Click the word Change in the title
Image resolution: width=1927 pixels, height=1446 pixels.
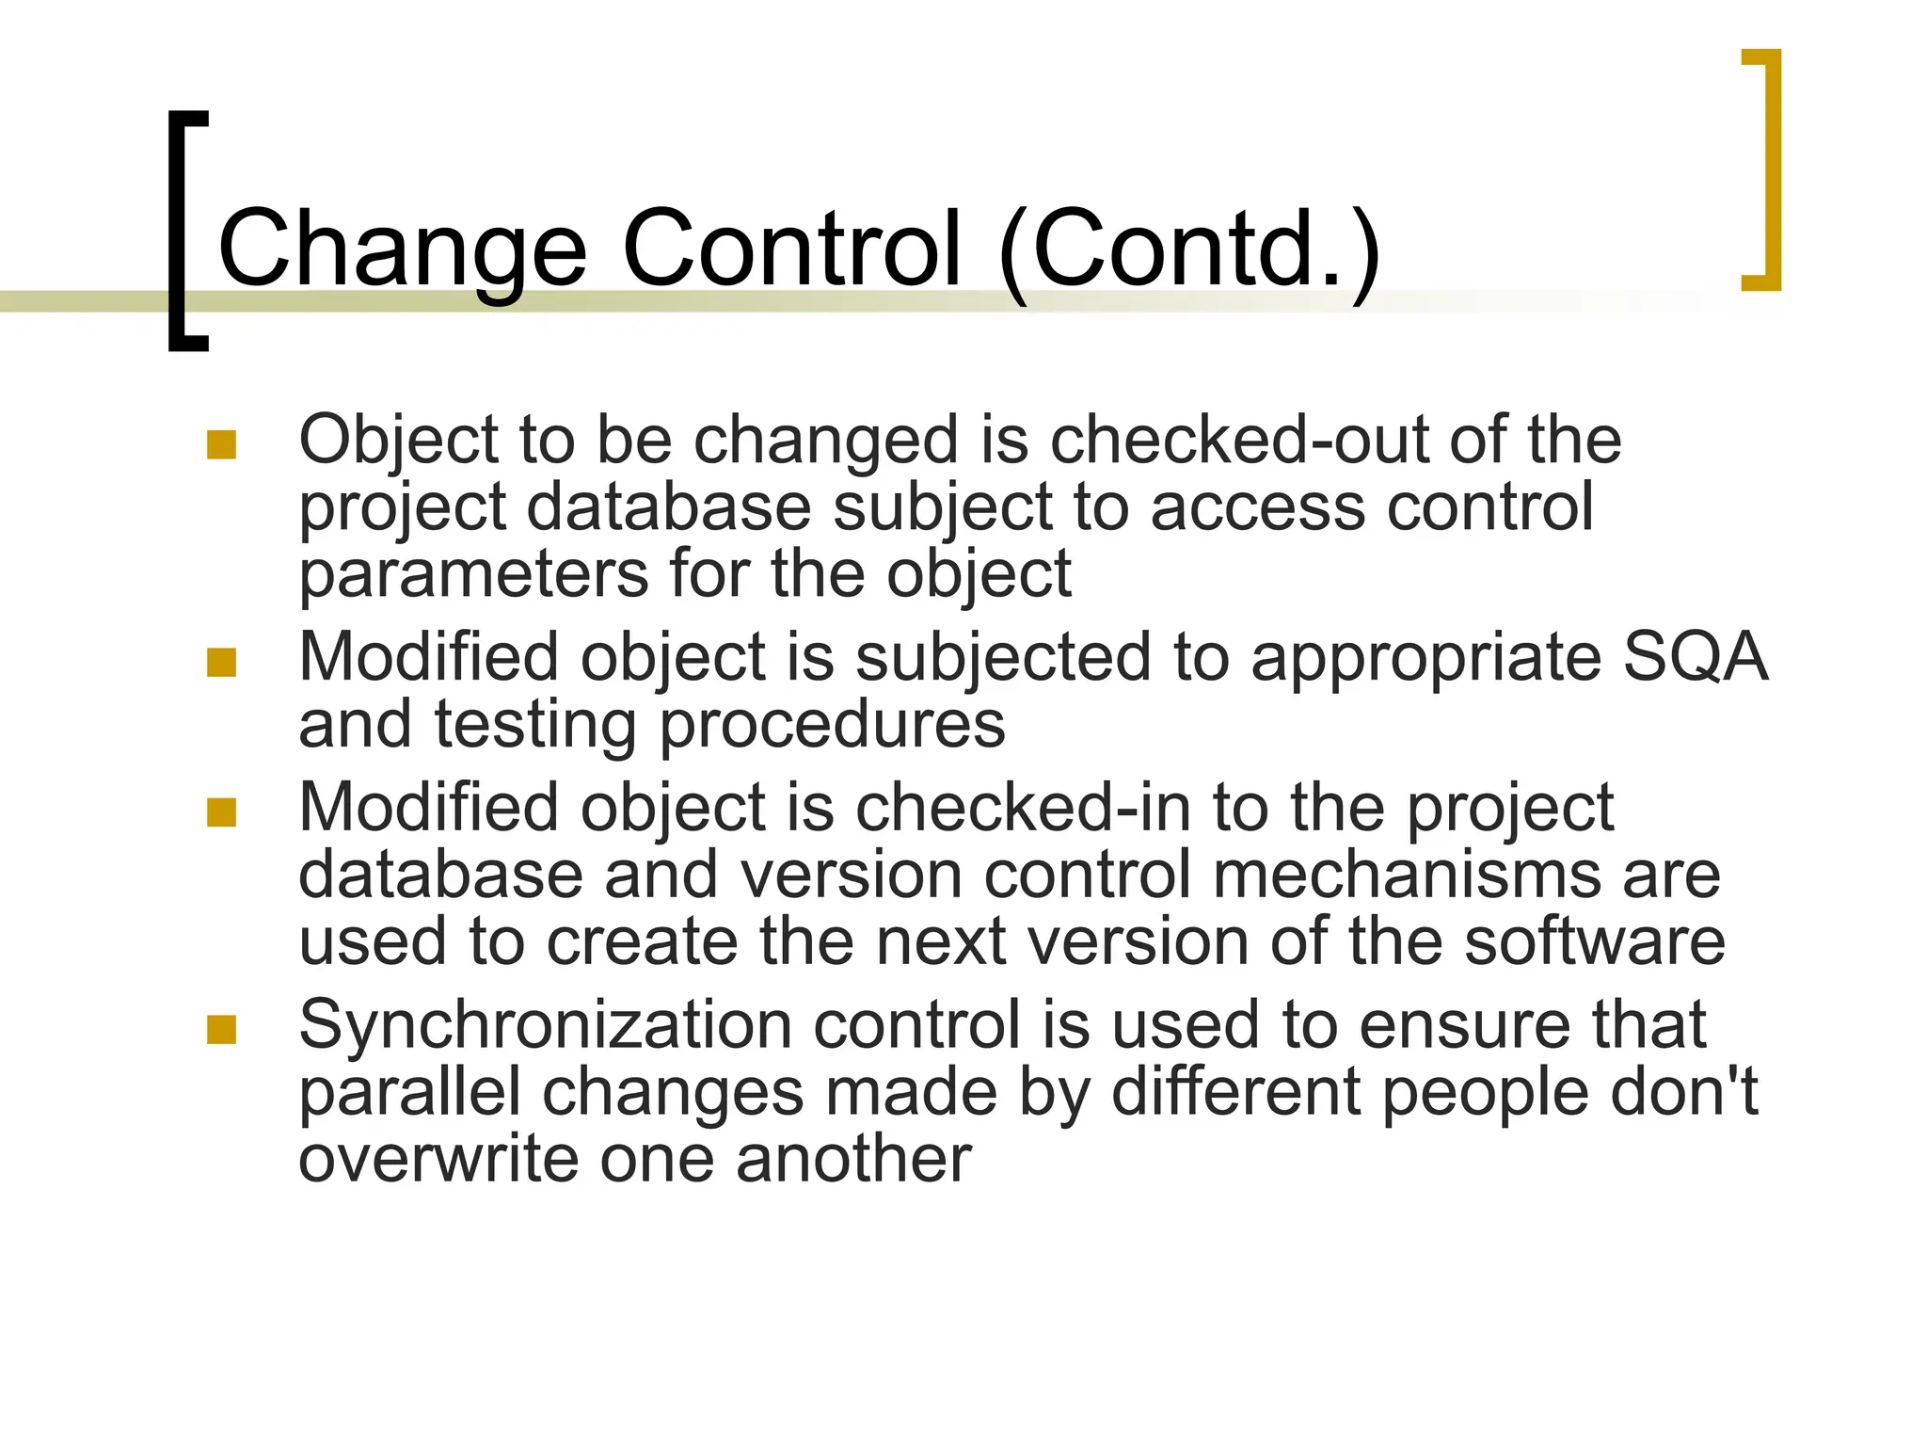[402, 249]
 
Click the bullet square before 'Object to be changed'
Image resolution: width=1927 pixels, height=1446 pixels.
[221, 444]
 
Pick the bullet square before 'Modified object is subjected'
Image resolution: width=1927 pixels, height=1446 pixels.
[221, 662]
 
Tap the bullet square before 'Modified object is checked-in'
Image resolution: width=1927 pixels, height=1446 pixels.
[221, 811]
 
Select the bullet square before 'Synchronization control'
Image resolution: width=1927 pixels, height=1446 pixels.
[221, 1029]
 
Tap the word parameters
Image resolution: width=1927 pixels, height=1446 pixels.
[473, 575]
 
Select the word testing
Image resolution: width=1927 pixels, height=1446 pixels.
[535, 726]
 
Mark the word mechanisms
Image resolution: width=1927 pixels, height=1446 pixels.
[1406, 875]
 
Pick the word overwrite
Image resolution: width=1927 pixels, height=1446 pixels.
[438, 1159]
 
